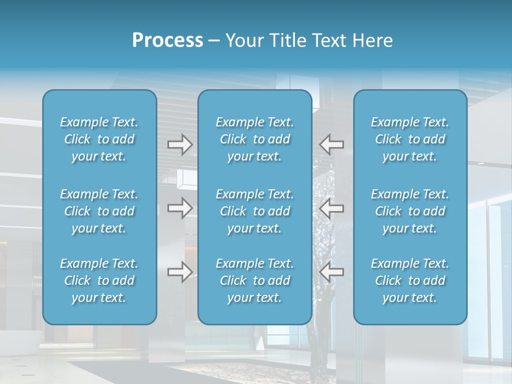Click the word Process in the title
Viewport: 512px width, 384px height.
click(167, 40)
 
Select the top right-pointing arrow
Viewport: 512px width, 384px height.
click(180, 145)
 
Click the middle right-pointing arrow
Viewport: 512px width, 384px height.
click(180, 208)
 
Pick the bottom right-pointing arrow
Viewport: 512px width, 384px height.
click(180, 272)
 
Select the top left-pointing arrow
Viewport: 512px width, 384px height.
click(332, 145)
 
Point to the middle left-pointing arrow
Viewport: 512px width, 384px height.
click(332, 208)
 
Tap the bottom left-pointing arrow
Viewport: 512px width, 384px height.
click(332, 272)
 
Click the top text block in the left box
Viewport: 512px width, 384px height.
click(99, 139)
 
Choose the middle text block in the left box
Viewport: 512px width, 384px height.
click(99, 211)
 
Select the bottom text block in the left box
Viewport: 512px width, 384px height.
click(99, 281)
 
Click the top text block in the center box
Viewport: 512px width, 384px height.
click(255, 139)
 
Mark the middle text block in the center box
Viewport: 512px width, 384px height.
click(255, 211)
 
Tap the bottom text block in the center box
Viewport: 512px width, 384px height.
click(255, 281)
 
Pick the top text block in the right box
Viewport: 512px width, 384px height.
click(410, 139)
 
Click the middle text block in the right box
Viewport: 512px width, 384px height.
click(410, 211)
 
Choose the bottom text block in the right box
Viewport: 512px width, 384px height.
click(410, 281)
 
